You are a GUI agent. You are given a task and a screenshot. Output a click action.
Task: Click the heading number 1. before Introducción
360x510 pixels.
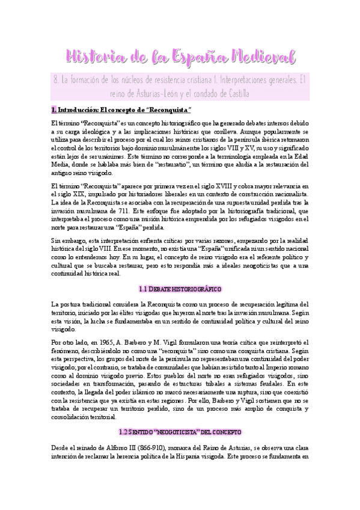click(53, 110)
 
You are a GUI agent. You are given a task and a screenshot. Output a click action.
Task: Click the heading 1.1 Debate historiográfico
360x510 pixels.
click(180, 289)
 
